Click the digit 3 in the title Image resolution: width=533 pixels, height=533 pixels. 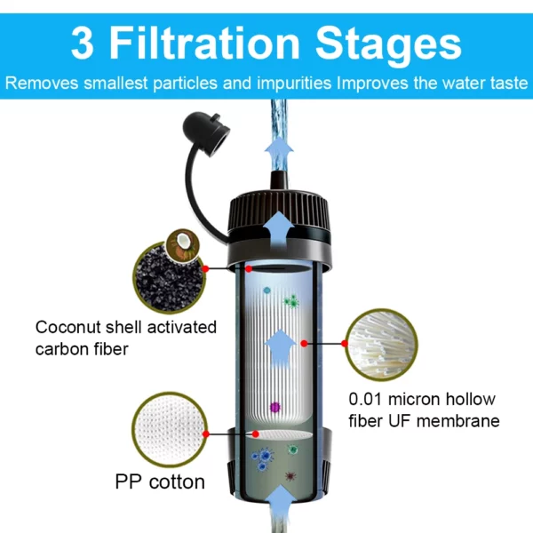(x=83, y=43)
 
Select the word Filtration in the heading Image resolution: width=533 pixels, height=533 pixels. (x=211, y=43)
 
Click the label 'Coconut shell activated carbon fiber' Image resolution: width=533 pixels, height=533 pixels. (x=125, y=338)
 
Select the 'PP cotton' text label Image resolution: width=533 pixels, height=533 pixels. (x=160, y=482)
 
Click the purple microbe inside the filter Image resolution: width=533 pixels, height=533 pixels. (x=275, y=408)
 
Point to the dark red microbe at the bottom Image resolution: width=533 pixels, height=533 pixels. (x=290, y=477)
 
